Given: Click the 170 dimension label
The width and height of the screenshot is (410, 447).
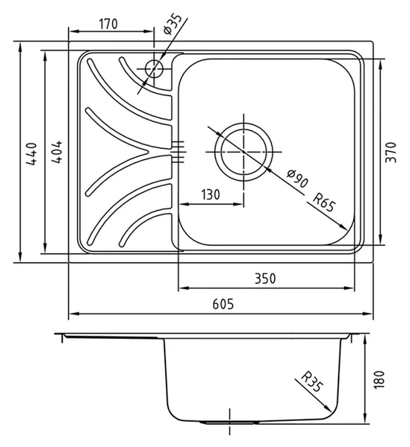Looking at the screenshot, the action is [108, 24].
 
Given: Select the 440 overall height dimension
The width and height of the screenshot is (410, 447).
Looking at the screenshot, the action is [31, 154].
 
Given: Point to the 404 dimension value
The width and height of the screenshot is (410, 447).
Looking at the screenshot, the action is [57, 151].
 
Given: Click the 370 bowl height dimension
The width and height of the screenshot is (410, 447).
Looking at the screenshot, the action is [391, 152].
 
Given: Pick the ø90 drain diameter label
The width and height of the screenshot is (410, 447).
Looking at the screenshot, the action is [298, 178].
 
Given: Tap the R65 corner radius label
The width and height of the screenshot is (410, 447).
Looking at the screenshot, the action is [324, 202].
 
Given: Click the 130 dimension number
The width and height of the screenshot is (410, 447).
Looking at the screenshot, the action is [211, 195].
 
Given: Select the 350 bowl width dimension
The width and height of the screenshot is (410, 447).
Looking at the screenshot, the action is [265, 279].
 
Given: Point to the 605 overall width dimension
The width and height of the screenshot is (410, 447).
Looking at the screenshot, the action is [223, 304].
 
